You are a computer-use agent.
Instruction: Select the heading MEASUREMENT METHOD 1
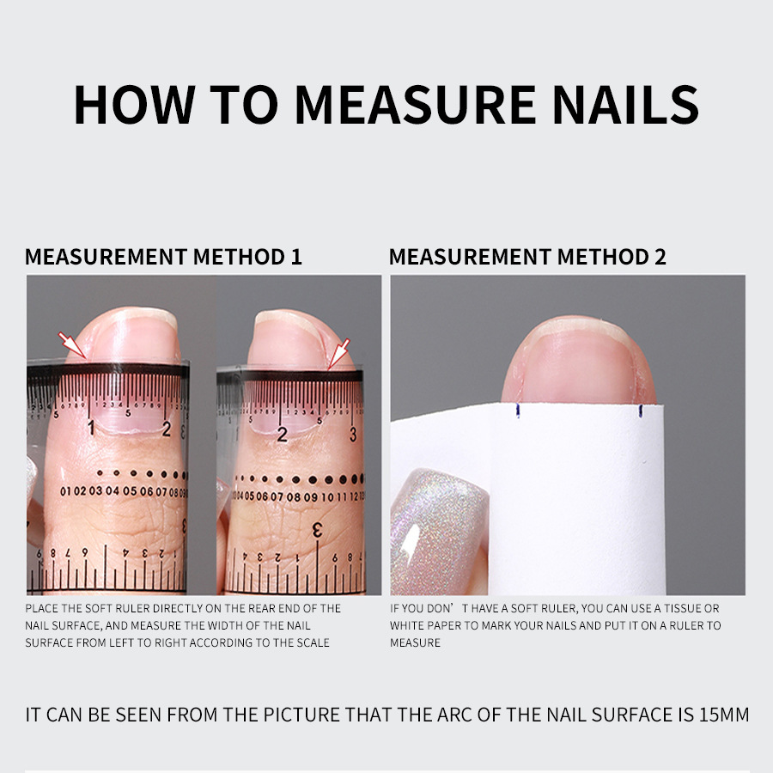point(163,256)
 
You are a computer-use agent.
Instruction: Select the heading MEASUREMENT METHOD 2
point(527,256)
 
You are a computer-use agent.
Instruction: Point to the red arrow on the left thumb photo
point(72,345)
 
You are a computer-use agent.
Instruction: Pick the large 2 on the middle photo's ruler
point(282,434)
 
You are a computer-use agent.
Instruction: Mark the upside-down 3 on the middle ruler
point(317,530)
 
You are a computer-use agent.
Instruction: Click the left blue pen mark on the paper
point(517,411)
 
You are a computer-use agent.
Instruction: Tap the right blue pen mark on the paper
point(640,411)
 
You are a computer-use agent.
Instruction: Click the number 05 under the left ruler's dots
point(129,491)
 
